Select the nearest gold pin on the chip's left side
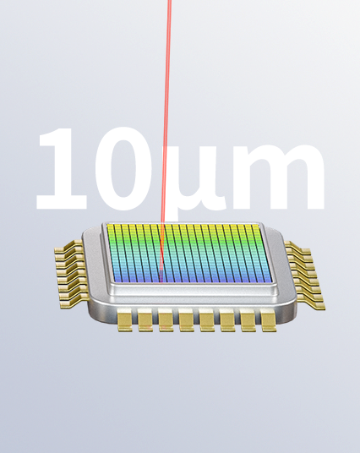click(79, 296)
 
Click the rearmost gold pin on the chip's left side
click(66, 250)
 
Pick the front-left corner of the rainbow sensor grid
click(109, 281)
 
